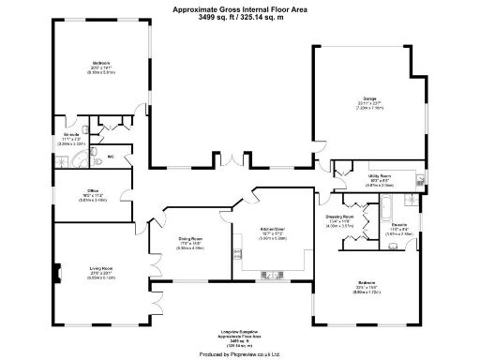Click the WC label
[x=110, y=156]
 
